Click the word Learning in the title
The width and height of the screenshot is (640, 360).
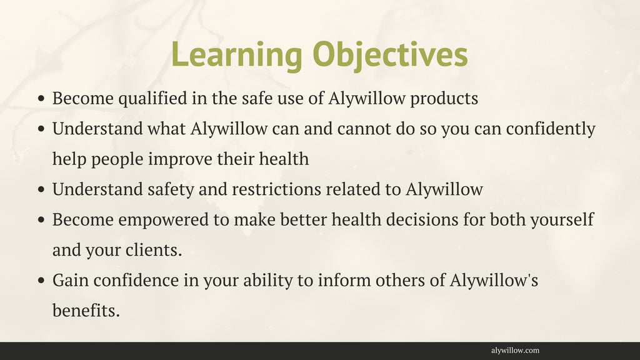[x=237, y=55]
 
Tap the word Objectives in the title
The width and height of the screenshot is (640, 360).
[x=390, y=55]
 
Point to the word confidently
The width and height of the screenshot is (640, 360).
[x=551, y=129]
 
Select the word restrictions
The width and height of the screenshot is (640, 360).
[x=276, y=189]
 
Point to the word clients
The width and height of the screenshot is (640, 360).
[x=154, y=250]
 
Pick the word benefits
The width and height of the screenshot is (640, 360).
[x=86, y=311]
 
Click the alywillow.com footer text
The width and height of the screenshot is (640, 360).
[x=515, y=351]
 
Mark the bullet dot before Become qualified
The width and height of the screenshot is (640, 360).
[x=41, y=99]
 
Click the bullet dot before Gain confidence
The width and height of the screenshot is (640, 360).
[x=41, y=281]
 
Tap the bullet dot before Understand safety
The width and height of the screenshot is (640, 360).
[x=41, y=190]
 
